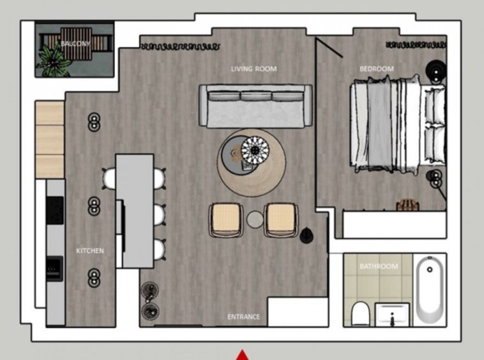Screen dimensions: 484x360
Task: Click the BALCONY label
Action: [75, 43]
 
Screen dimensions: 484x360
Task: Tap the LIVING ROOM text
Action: [253, 68]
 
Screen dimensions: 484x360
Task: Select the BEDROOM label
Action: [377, 68]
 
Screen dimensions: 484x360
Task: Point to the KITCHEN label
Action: [90, 250]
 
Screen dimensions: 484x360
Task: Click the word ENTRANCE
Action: [243, 317]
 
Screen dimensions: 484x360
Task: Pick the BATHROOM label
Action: [379, 266]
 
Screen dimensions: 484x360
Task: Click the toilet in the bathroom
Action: [360, 313]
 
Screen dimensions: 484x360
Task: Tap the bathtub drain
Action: [430, 269]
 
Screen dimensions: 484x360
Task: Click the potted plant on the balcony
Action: [53, 62]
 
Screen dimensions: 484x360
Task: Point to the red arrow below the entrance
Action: [243, 355]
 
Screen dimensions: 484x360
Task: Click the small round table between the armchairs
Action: [255, 220]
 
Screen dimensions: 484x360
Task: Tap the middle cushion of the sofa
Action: [256, 96]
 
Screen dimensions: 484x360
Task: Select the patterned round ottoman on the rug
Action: [255, 151]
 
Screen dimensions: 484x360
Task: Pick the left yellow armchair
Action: [225, 220]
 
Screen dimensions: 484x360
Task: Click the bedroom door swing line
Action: [329, 47]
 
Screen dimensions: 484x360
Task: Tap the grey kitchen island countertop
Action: [135, 211]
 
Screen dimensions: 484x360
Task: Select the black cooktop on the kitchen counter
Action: [55, 210]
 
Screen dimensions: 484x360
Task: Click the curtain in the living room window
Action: [180, 47]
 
